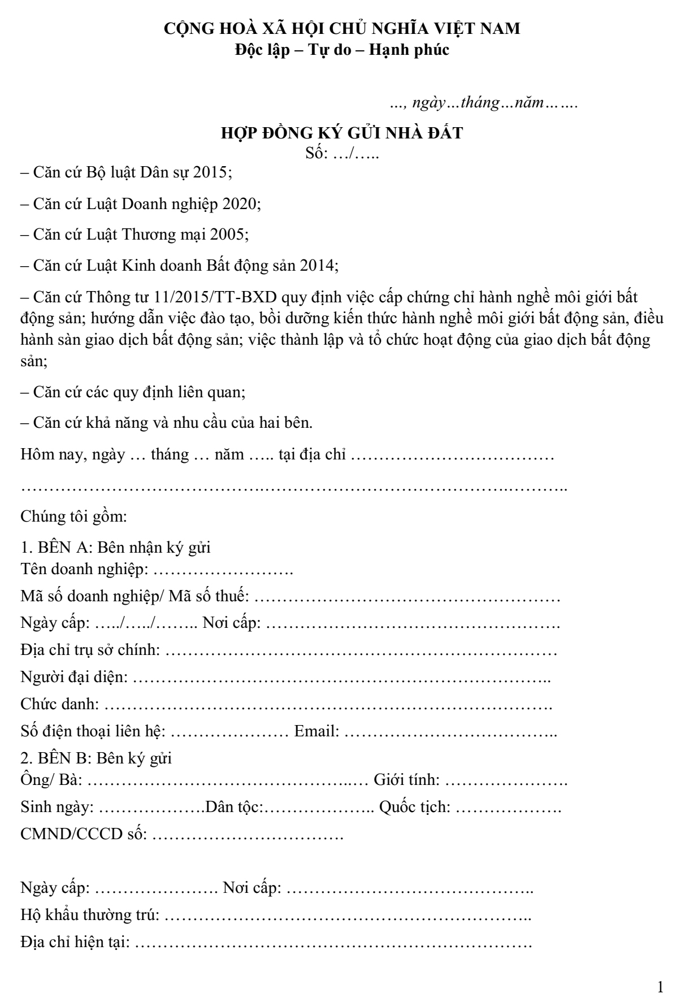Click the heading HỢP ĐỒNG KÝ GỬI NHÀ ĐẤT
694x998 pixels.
(341, 133)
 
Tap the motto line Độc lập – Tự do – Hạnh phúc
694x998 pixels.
(342, 50)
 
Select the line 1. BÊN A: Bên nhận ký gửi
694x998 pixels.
(115, 548)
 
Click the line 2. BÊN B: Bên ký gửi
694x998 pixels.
(96, 758)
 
